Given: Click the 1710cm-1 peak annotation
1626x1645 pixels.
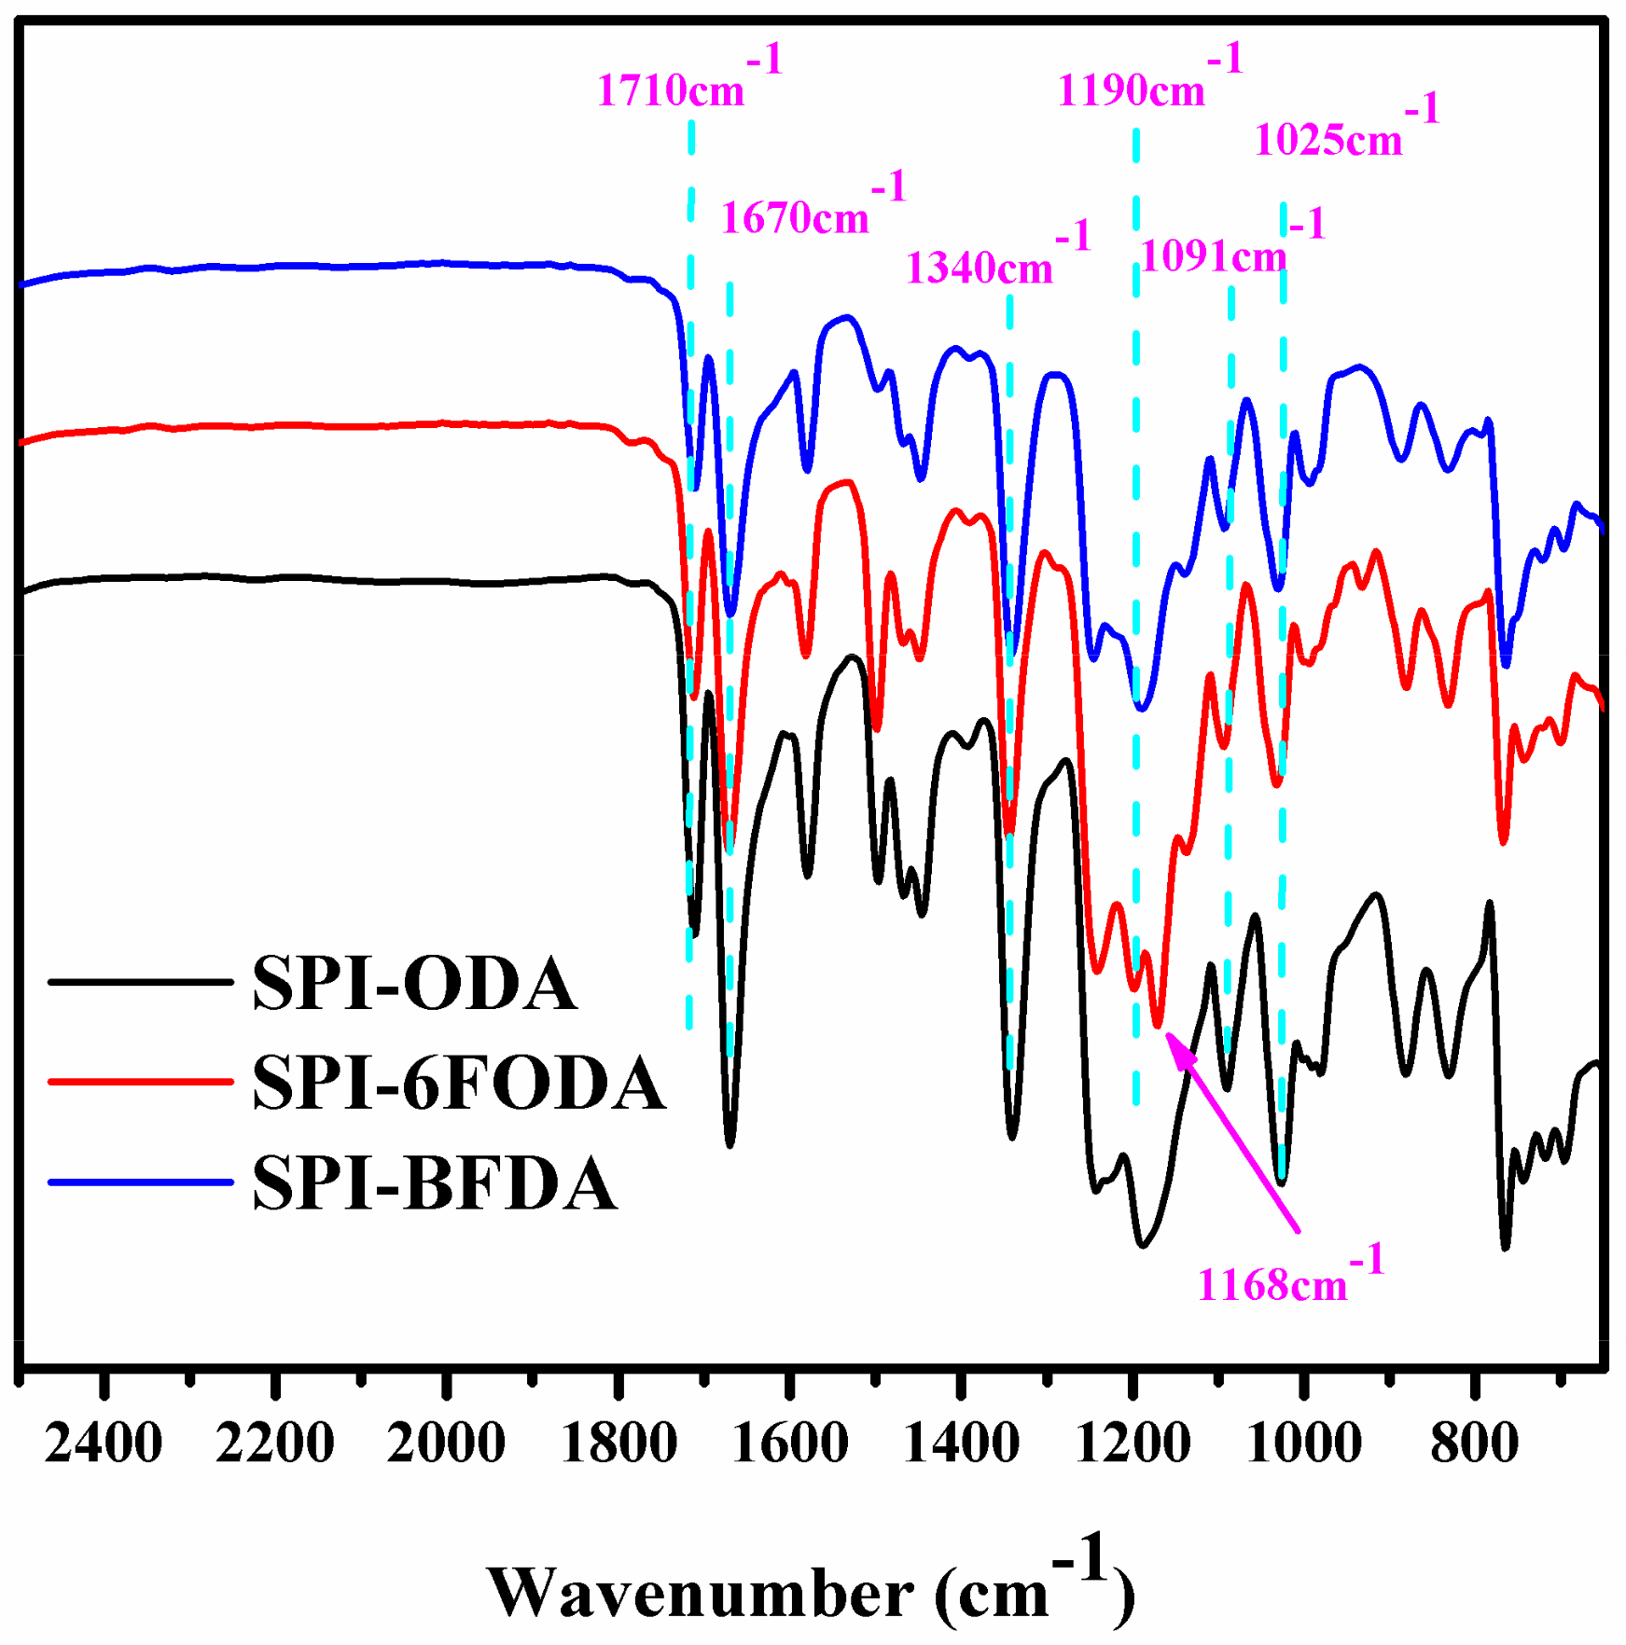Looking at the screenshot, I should coord(688,86).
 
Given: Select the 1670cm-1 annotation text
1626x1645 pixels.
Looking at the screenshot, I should coord(813,214).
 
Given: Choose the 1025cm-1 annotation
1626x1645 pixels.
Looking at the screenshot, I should coord(1346,135).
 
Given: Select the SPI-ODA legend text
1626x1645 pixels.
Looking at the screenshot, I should coord(414,983).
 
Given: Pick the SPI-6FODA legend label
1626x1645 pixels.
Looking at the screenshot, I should coord(459,1083).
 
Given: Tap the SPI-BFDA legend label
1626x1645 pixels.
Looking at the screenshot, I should coord(435,1182).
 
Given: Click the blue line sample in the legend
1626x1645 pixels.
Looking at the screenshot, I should coord(140,1182).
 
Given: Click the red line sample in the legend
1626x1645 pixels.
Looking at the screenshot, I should coord(140,1081).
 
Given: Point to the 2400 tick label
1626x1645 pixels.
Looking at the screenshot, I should coord(104,1444).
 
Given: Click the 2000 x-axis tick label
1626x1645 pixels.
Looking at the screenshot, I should coord(446,1444).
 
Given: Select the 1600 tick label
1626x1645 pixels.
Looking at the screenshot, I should coord(789,1444).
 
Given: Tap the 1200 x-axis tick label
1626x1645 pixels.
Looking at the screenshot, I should coord(1133,1444).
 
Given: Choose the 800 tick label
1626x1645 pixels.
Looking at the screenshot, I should coord(1474,1444).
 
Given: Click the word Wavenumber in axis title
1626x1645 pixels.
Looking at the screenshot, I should coord(700,1594).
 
